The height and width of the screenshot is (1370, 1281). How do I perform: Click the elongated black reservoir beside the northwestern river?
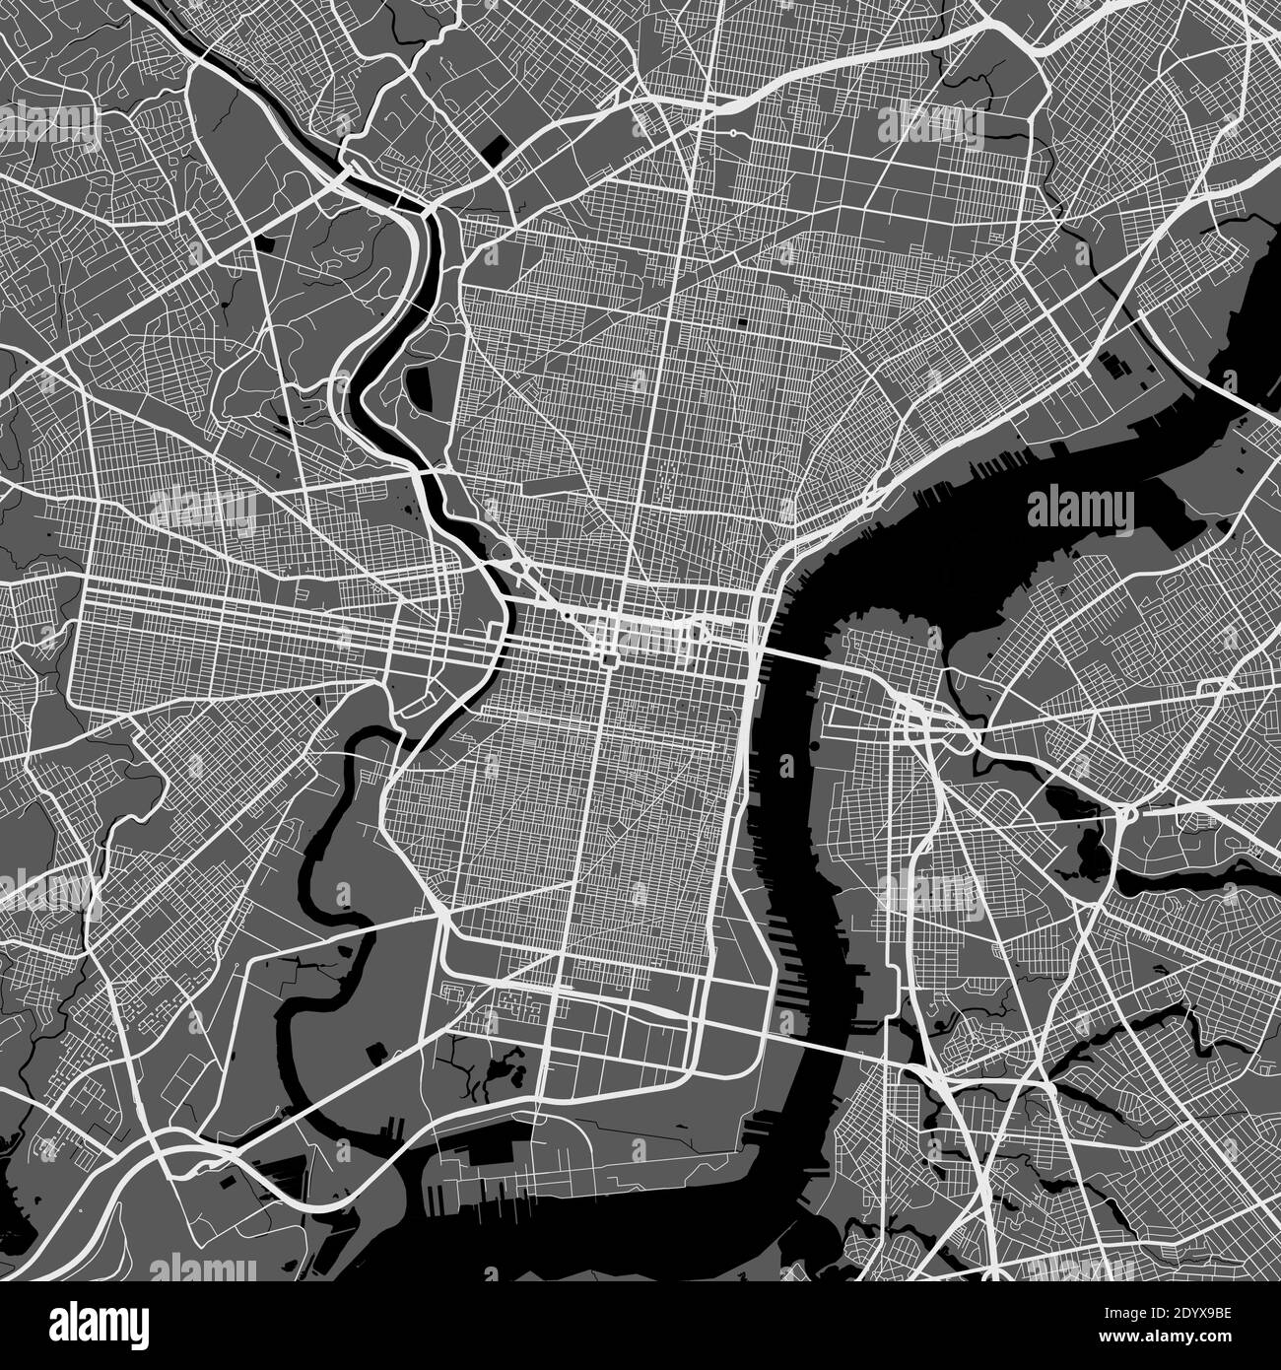[x=416, y=388]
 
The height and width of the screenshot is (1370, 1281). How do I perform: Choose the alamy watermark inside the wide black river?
[x=1081, y=508]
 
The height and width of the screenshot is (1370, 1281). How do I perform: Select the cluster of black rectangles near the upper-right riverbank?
[x=1117, y=365]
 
